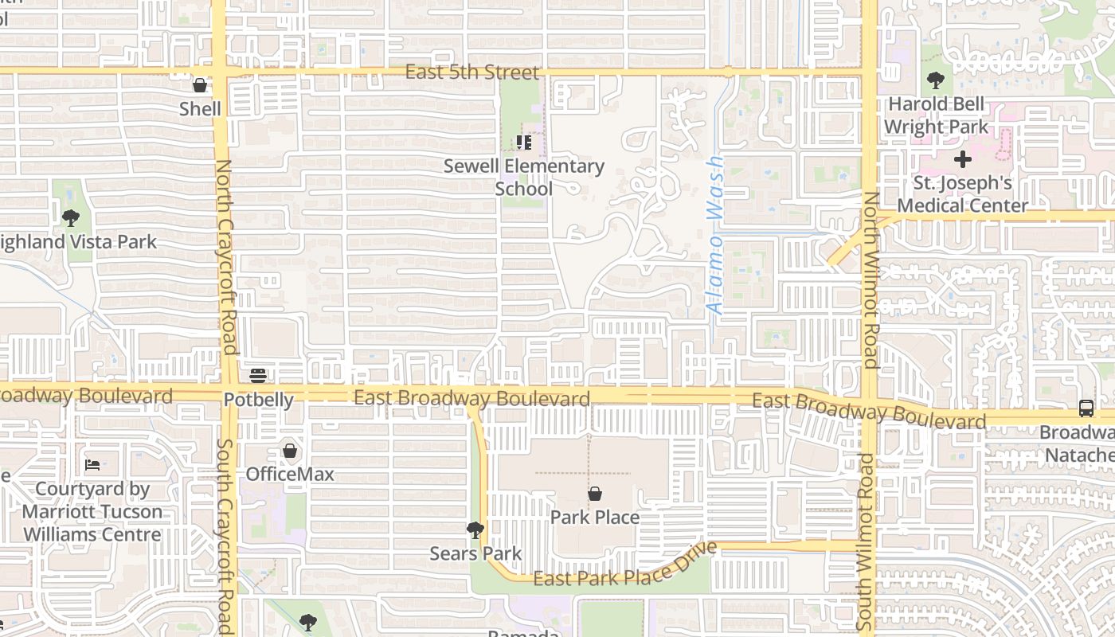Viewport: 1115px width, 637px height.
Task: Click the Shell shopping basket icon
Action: click(200, 85)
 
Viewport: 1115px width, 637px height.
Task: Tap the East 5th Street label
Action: click(472, 72)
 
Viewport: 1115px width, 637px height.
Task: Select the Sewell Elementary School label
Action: click(523, 177)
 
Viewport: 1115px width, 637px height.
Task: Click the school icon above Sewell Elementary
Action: click(523, 143)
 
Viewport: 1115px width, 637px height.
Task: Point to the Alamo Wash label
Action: click(715, 234)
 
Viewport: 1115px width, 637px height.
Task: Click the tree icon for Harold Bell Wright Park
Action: click(935, 80)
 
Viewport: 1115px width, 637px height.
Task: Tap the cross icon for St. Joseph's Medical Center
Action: click(962, 159)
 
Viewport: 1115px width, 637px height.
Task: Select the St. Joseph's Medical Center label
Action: click(962, 194)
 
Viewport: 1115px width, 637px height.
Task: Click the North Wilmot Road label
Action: click(870, 279)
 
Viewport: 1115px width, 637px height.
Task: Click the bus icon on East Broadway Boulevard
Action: click(1086, 408)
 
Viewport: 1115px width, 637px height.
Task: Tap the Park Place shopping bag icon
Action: click(594, 494)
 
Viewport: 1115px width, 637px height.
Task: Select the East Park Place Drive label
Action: click(625, 567)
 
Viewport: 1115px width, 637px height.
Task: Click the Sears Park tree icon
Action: click(475, 530)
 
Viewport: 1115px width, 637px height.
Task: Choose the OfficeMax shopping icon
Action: click(290, 451)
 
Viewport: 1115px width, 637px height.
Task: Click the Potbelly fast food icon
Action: click(258, 375)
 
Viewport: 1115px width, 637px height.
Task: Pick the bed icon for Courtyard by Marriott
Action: click(92, 464)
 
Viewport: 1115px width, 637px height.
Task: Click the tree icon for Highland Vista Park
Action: click(71, 217)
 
